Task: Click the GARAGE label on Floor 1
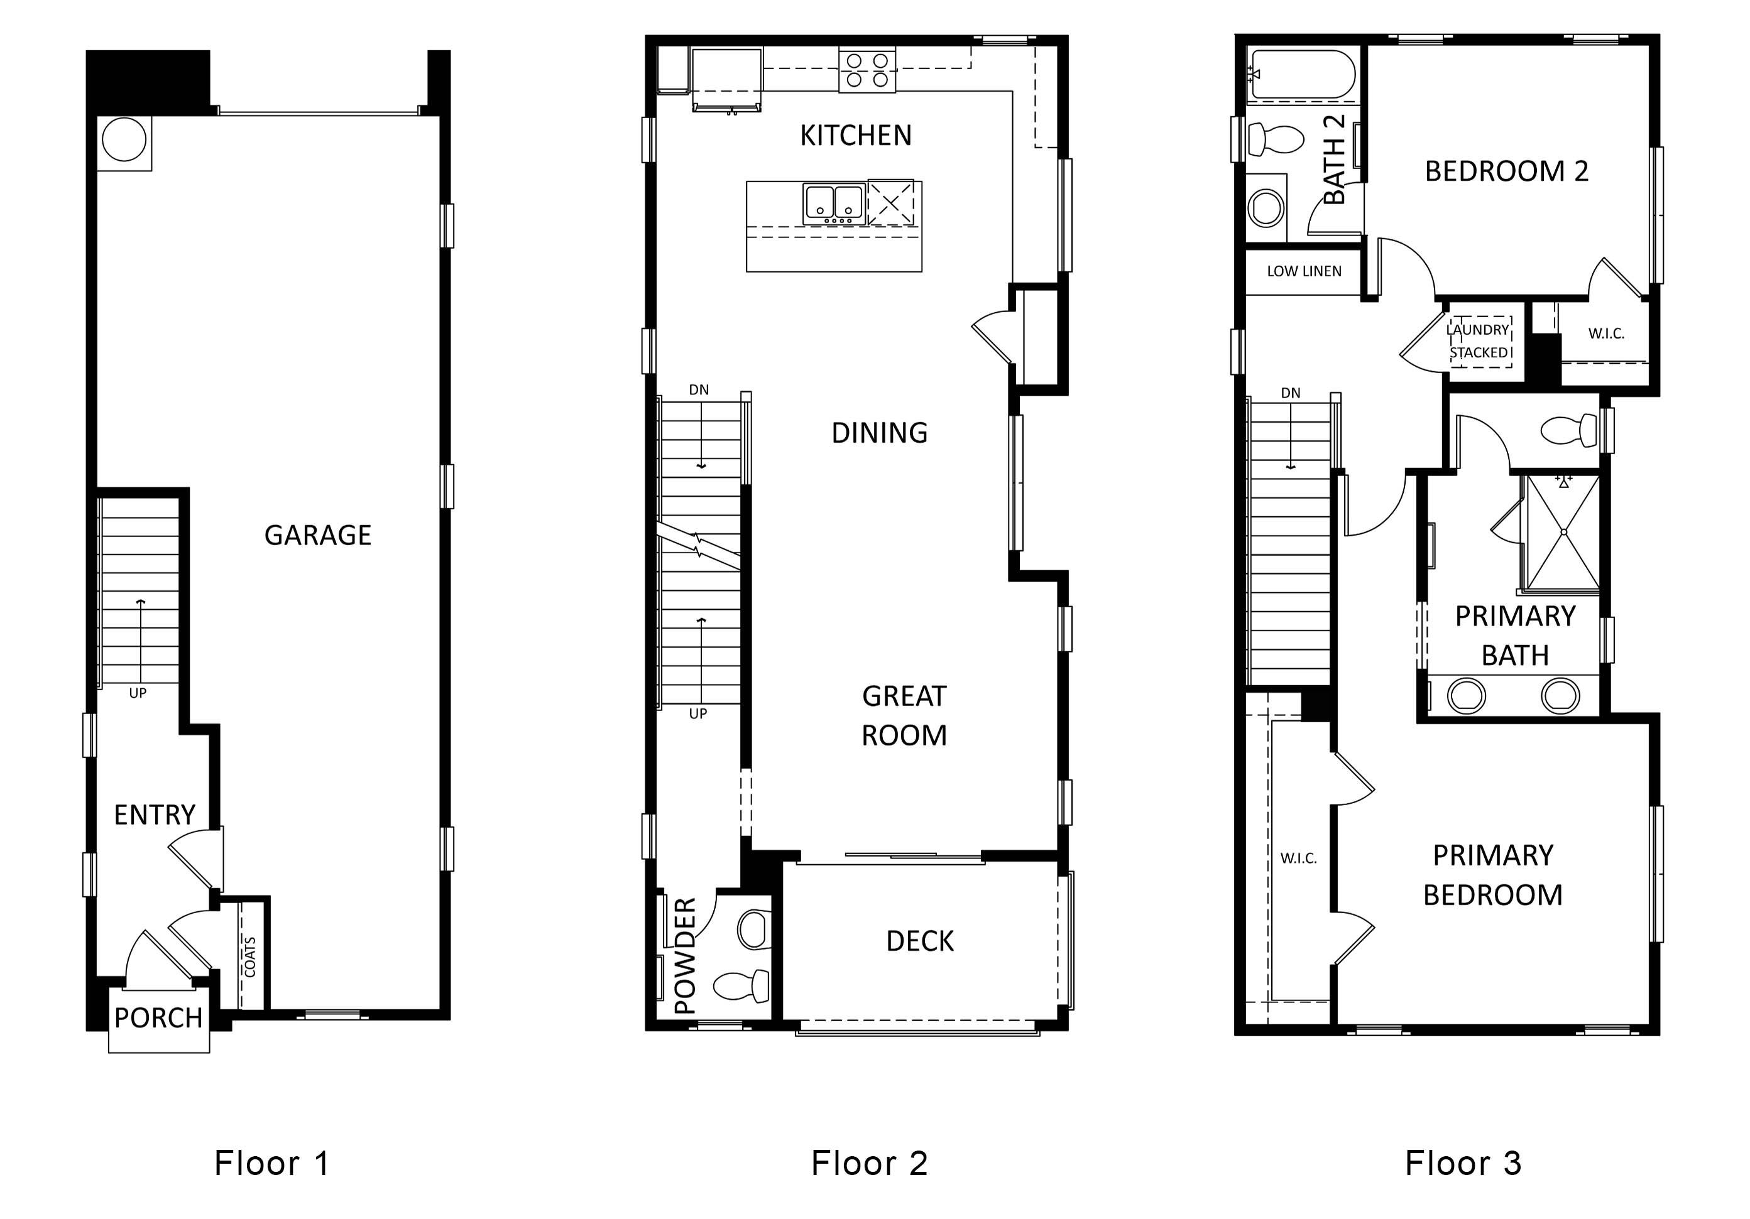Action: pos(318,536)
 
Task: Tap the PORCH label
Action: pos(158,1018)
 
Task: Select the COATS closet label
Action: pos(251,957)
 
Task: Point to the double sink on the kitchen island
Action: pos(834,204)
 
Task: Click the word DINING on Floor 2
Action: pos(880,433)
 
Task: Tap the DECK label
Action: pos(920,941)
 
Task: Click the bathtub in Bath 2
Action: pos(1302,75)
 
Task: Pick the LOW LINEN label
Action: pos(1304,271)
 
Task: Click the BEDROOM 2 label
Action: pos(1507,171)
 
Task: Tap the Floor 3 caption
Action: pos(1463,1162)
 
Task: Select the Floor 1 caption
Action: pos(271,1162)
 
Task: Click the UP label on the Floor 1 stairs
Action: pos(137,693)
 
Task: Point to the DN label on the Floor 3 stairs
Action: pos(1291,393)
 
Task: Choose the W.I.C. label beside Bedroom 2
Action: pos(1606,333)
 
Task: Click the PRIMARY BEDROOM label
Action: pos(1492,875)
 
